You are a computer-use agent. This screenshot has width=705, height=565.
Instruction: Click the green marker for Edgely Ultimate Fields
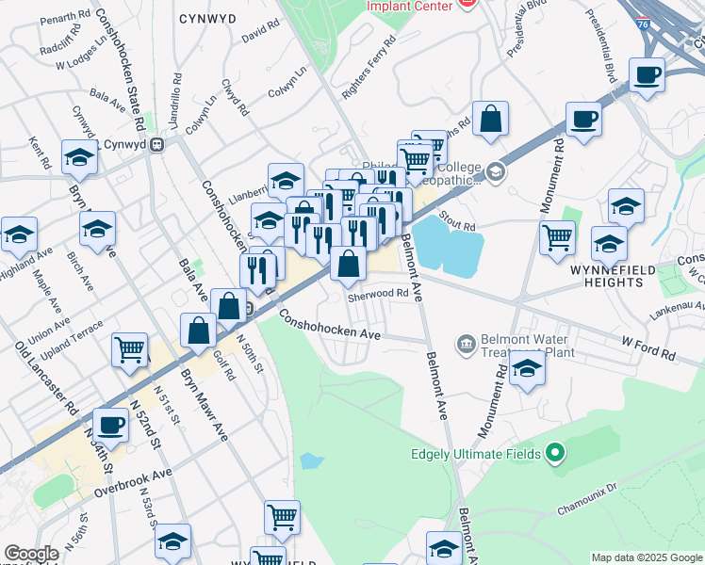[x=555, y=454]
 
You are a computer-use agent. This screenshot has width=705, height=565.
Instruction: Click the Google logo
[x=31, y=554]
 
